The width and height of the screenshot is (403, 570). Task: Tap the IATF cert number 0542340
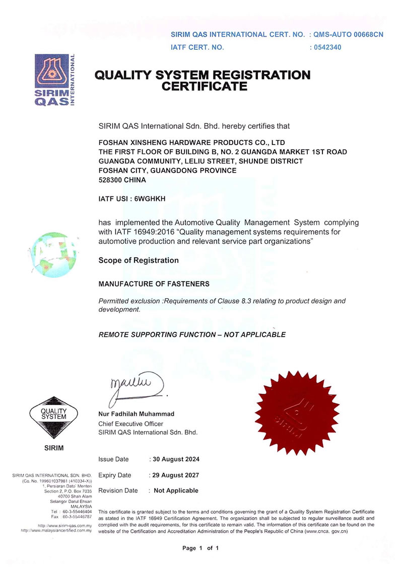[x=327, y=47]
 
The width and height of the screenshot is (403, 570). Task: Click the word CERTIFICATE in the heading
[x=204, y=87]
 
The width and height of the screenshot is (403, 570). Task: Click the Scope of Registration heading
[x=139, y=260]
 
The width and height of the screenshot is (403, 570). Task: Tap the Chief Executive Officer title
[x=130, y=423]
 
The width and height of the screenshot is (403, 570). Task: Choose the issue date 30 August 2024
[x=176, y=459]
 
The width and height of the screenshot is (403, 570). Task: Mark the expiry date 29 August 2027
[x=176, y=475]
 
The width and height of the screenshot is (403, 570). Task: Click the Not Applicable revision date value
[x=176, y=490]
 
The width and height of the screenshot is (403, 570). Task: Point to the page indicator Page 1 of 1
[x=200, y=548]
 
